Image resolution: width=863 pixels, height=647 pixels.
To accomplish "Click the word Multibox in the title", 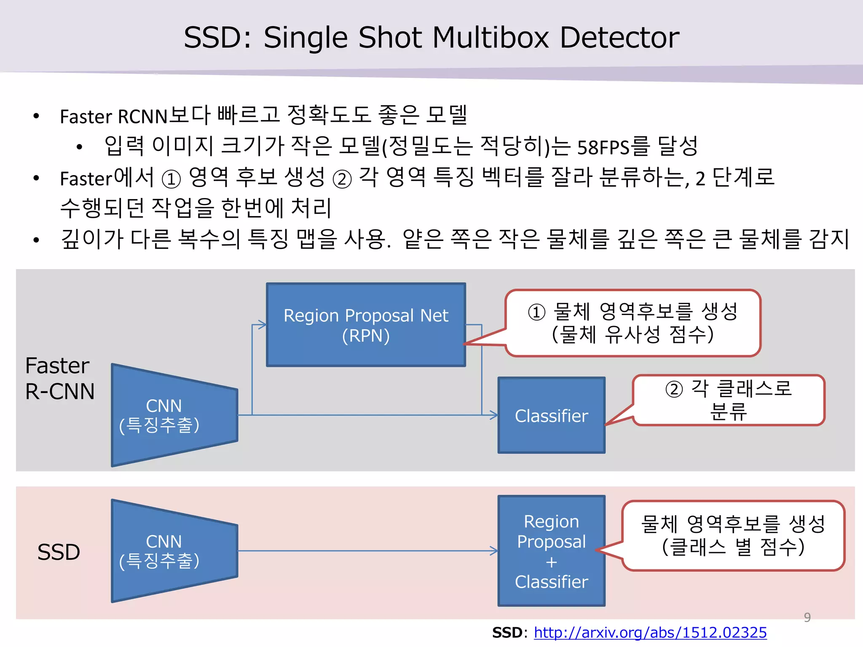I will [491, 38].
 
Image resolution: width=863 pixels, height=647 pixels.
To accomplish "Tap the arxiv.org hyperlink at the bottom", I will [650, 632].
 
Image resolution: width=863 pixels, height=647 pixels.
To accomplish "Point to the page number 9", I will [807, 617].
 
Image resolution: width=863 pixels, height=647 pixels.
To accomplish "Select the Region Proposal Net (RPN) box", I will [366, 325].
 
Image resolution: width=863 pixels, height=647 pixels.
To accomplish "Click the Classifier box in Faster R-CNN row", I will [551, 415].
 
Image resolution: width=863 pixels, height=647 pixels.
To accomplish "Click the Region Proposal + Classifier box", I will [551, 551].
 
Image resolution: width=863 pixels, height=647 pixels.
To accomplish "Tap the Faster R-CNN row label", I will [59, 378].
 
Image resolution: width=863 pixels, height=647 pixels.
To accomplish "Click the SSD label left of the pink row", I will [59, 552].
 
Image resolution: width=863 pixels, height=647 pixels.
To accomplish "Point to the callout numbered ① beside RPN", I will [633, 323].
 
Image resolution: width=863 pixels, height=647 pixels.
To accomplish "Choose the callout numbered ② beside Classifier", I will [728, 400].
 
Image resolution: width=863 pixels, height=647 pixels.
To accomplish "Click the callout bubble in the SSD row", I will [733, 535].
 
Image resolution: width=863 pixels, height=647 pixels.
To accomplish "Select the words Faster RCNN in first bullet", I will [114, 117].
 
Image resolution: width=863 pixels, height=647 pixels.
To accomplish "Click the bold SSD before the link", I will [507, 632].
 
